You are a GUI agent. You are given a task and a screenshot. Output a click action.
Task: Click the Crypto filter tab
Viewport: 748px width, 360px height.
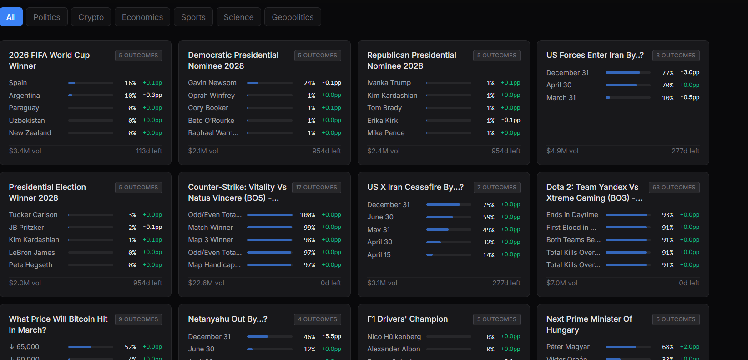pyautogui.click(x=91, y=17)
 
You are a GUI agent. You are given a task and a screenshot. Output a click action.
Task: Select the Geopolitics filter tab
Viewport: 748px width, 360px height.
pyautogui.click(x=293, y=17)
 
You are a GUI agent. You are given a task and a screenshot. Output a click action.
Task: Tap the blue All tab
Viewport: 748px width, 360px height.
pyautogui.click(x=11, y=17)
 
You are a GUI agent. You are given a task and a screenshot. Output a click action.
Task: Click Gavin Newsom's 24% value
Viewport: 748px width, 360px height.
pyautogui.click(x=309, y=83)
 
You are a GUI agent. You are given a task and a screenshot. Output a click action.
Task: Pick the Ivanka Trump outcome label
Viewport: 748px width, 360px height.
pyautogui.click(x=389, y=83)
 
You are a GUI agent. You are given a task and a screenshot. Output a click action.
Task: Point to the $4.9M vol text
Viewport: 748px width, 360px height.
pyautogui.click(x=562, y=151)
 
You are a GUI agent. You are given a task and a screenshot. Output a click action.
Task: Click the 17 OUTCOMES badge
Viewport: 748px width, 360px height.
pyautogui.click(x=316, y=188)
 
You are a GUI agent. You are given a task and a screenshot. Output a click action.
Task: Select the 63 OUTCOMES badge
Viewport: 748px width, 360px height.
pyautogui.click(x=674, y=188)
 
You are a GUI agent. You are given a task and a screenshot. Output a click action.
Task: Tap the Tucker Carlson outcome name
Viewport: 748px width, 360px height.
pyautogui.click(x=33, y=215)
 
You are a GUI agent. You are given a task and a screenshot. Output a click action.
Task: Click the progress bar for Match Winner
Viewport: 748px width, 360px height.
pyautogui.click(x=269, y=228)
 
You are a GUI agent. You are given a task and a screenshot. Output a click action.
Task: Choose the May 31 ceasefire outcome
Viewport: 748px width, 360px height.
pyautogui.click(x=379, y=230)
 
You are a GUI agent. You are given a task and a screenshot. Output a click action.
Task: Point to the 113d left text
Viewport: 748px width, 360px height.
pyautogui.click(x=149, y=151)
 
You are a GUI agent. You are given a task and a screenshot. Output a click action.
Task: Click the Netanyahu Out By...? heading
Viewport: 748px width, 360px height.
pyautogui.click(x=227, y=319)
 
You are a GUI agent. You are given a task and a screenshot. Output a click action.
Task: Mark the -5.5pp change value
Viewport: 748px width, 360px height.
pyautogui.click(x=331, y=336)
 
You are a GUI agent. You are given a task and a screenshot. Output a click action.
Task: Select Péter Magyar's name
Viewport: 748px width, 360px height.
pyautogui.click(x=568, y=347)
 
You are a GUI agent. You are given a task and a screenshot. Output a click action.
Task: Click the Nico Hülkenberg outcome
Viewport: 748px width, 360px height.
pyautogui.click(x=394, y=337)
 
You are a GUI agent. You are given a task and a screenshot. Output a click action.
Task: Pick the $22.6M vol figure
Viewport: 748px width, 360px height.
pyautogui.click(x=206, y=283)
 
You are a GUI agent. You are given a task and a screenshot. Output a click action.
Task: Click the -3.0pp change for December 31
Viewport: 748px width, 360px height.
pyautogui.click(x=690, y=72)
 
